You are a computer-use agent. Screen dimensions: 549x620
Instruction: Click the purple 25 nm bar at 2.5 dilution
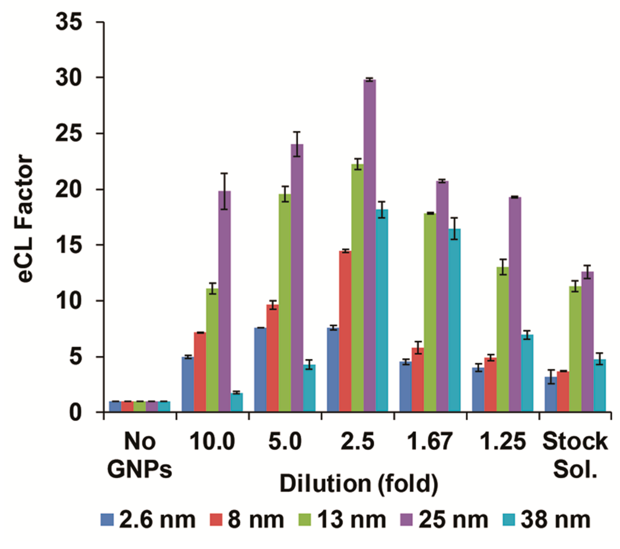pyautogui.click(x=370, y=245)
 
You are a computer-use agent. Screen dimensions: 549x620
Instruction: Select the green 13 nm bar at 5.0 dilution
pyautogui.click(x=284, y=303)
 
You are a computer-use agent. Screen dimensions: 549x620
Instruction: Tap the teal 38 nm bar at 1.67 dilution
pyautogui.click(x=454, y=319)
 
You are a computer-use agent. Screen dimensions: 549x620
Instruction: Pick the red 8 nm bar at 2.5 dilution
pyautogui.click(x=345, y=331)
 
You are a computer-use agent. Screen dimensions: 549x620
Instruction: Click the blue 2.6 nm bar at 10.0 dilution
pyautogui.click(x=188, y=384)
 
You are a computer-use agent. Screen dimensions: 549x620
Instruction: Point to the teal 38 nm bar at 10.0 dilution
pyautogui.click(x=236, y=402)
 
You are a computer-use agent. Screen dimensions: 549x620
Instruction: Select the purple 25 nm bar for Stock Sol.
pyautogui.click(x=588, y=341)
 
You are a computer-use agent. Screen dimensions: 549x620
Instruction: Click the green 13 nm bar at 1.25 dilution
pyautogui.click(x=503, y=339)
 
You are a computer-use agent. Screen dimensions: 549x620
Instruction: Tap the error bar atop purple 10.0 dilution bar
pyautogui.click(x=224, y=191)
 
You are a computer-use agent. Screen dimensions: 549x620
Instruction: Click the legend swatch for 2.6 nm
pyautogui.click(x=107, y=520)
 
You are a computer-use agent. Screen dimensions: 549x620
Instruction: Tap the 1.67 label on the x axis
pyautogui.click(x=430, y=441)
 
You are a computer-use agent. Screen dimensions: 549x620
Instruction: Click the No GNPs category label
pyautogui.click(x=140, y=455)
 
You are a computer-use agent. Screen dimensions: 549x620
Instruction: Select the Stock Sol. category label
pyautogui.click(x=575, y=455)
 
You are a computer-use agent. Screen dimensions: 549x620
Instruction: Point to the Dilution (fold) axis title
pyautogui.click(x=359, y=484)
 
